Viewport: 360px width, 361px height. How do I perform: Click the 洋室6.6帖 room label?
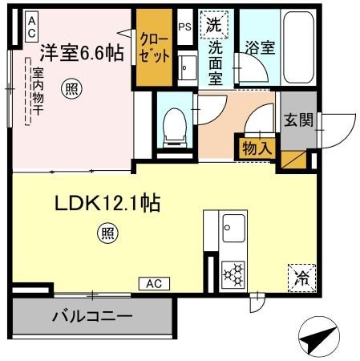coord(82,53)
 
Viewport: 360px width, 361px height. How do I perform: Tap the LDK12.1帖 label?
coord(107,204)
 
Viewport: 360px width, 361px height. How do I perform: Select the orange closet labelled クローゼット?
coord(153,48)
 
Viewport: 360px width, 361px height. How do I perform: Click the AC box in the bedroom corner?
coord(30,26)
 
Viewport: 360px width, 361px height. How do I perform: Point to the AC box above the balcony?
coord(155,283)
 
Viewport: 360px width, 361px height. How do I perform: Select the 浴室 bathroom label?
coord(261,47)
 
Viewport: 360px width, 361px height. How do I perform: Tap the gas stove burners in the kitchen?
coord(234,274)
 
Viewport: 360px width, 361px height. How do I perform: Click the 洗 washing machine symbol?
coord(214,25)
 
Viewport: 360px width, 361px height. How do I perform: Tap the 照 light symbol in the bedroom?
coord(73,89)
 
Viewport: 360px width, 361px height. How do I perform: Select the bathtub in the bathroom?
coord(303,47)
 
